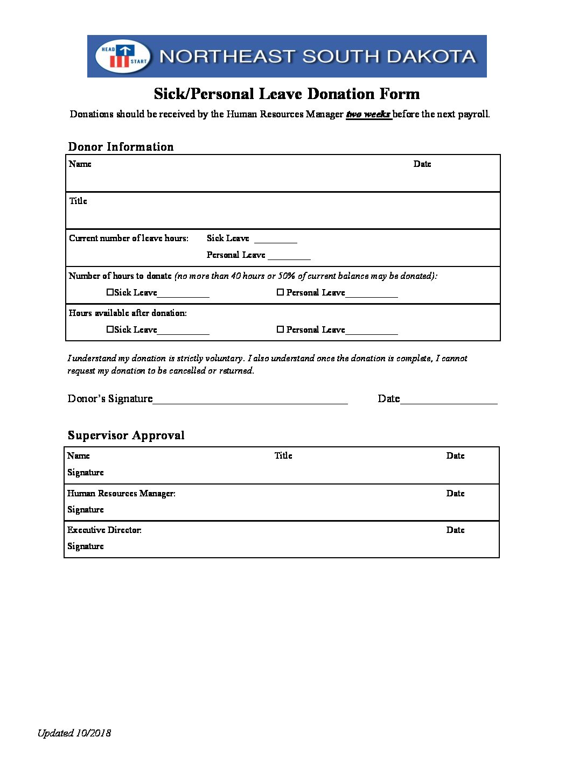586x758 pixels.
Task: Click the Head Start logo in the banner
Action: click(x=123, y=57)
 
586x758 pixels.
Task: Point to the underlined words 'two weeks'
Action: click(x=368, y=114)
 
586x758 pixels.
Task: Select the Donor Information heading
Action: click(x=121, y=147)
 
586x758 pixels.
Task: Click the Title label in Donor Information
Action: click(x=78, y=201)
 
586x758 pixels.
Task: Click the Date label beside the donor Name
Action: click(x=422, y=164)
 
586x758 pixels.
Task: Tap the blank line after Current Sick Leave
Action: click(x=275, y=240)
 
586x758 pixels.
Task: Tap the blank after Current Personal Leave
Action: click(x=289, y=257)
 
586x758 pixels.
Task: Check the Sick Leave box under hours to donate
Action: click(x=110, y=292)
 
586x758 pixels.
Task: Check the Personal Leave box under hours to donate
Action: click(x=280, y=292)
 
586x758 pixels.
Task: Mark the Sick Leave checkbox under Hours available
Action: click(x=110, y=329)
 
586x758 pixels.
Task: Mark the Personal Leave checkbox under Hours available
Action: click(x=280, y=329)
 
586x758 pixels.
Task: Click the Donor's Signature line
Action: click(x=250, y=401)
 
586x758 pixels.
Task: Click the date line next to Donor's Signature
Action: click(x=448, y=401)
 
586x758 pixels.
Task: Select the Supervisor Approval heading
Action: click(x=126, y=436)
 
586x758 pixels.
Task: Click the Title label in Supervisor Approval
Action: click(x=283, y=455)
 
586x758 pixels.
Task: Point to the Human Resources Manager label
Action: click(x=121, y=493)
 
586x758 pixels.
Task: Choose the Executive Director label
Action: click(x=104, y=530)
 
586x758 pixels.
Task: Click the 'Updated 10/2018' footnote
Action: click(x=74, y=733)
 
